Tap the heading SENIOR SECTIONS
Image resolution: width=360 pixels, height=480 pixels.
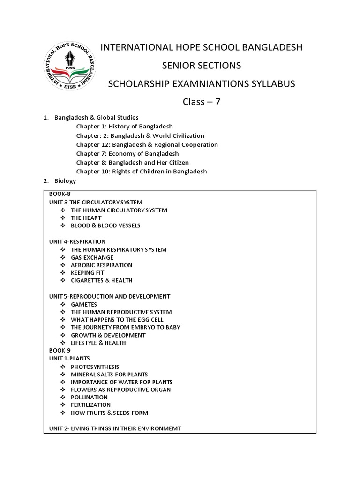click(202, 65)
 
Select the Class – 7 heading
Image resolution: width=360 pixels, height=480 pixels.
click(202, 102)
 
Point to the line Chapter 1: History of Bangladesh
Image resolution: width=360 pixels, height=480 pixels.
click(124, 127)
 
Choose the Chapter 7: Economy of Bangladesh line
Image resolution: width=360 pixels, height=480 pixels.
click(127, 153)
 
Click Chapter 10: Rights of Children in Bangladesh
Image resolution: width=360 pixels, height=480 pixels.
click(142, 171)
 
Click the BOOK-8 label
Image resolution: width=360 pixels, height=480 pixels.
click(60, 194)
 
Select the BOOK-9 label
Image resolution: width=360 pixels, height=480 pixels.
click(60, 350)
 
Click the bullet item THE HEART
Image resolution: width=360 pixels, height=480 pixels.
click(86, 218)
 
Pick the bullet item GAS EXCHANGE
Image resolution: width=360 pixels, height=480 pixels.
click(92, 257)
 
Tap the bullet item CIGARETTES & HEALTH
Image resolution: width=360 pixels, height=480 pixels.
click(101, 280)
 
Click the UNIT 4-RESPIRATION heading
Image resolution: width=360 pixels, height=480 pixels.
click(77, 241)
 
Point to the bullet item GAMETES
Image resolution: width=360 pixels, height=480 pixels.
click(84, 304)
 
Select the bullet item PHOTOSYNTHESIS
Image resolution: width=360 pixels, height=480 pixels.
click(95, 367)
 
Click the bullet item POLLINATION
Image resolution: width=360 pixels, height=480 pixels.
click(89, 397)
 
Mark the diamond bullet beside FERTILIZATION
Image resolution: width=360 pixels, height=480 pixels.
click(62, 405)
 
